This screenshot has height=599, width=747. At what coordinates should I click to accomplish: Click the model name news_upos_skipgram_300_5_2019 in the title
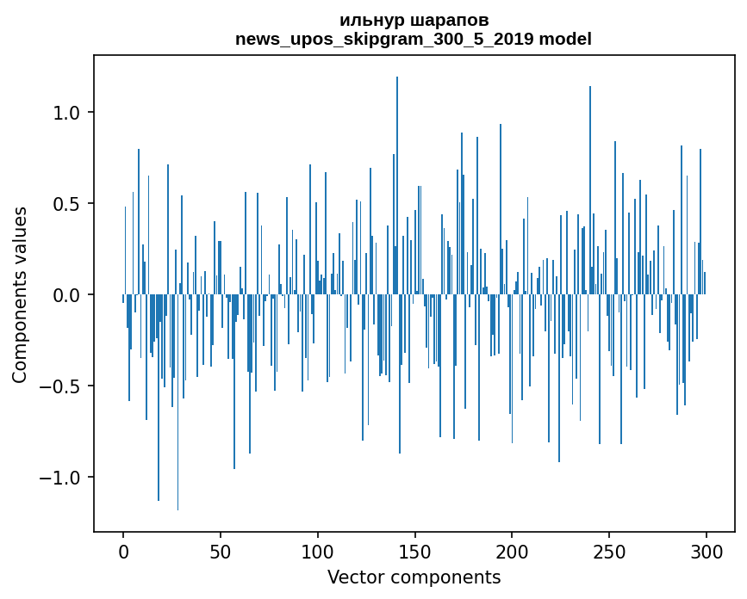point(389,39)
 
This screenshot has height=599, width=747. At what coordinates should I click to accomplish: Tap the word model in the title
point(569,39)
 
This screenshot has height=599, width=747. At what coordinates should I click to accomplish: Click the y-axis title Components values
point(20,294)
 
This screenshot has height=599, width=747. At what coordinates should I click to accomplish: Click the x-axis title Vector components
point(414,577)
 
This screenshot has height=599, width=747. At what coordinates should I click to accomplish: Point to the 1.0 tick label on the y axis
point(67,113)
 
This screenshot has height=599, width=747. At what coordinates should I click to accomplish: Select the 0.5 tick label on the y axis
point(67,204)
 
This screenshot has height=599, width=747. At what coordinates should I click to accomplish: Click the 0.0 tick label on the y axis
point(67,295)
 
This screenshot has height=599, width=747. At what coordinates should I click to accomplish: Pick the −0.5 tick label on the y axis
point(62,386)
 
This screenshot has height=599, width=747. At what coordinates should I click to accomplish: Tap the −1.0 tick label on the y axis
point(62,478)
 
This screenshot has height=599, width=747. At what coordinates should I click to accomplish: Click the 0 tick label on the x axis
point(123,551)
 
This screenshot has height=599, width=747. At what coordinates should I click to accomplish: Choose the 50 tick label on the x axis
point(221,551)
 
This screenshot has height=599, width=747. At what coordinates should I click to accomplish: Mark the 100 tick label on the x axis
point(318,551)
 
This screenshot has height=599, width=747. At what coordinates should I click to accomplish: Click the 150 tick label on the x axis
point(415,551)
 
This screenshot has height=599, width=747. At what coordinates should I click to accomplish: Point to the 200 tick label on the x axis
point(512,551)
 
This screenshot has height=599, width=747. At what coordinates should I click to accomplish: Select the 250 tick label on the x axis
point(609,551)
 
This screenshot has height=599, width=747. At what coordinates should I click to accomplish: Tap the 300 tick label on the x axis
point(707,551)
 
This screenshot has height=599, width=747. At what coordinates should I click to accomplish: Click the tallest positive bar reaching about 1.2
point(397,172)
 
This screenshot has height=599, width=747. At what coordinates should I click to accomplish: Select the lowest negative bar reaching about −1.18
point(178,413)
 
